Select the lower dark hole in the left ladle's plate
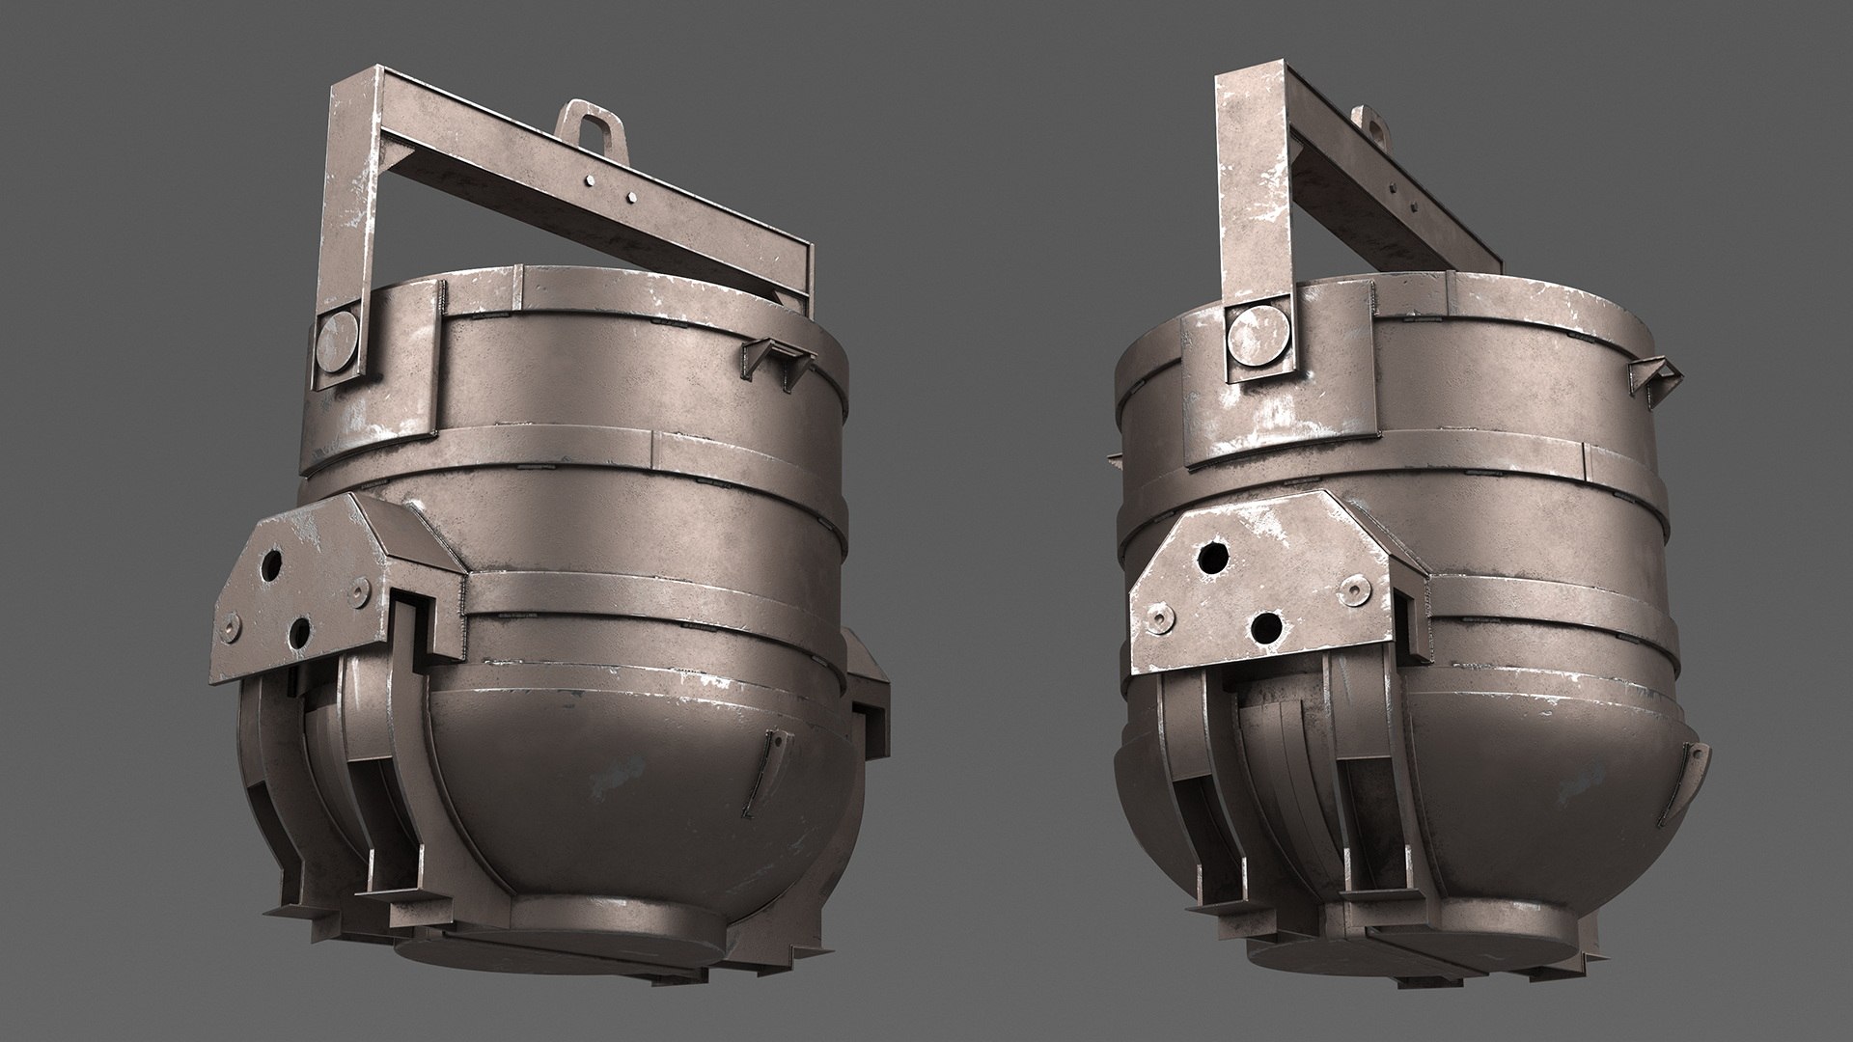[299, 633]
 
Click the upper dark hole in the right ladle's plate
[1212, 558]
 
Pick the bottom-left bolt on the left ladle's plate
[232, 627]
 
